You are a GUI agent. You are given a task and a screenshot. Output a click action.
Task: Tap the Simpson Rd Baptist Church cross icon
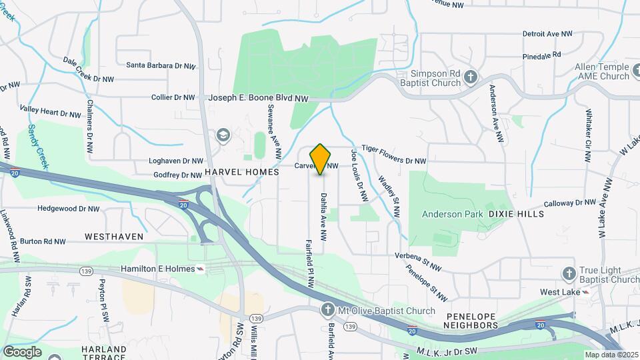click(x=471, y=77)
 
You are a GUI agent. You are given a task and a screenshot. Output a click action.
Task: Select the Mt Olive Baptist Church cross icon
click(x=327, y=310)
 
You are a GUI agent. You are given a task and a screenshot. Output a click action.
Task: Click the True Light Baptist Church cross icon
click(x=569, y=273)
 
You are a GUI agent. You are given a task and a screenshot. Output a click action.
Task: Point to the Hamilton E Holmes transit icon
click(x=200, y=269)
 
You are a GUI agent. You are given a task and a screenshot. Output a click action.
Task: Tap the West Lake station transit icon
click(x=585, y=292)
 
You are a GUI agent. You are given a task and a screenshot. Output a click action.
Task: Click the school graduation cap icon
click(x=223, y=137)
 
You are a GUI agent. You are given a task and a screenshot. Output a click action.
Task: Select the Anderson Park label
click(x=452, y=214)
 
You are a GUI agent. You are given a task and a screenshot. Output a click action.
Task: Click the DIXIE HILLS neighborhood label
click(x=516, y=214)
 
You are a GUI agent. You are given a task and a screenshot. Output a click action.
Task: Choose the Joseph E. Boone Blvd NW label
click(x=259, y=97)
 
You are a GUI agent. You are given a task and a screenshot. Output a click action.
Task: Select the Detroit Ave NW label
click(x=547, y=33)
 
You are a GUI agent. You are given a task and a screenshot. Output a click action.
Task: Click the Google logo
click(x=22, y=351)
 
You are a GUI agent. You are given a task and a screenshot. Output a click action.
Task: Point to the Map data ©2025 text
click(x=611, y=355)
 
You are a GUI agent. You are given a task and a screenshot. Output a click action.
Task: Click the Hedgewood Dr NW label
click(x=69, y=209)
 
